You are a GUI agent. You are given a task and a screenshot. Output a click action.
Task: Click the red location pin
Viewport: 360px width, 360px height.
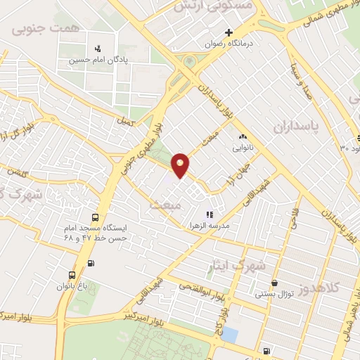pyautogui.click(x=181, y=164)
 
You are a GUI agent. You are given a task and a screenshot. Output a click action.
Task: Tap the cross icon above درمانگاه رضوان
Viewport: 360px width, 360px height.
pyautogui.click(x=228, y=32)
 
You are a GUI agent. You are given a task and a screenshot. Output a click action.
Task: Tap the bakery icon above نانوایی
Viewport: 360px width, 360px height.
pyautogui.click(x=243, y=138)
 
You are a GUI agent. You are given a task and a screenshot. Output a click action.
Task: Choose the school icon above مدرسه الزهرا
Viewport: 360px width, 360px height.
pyautogui.click(x=209, y=214)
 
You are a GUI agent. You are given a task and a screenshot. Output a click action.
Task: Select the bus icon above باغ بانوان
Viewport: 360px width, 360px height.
pyautogui.click(x=72, y=275)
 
